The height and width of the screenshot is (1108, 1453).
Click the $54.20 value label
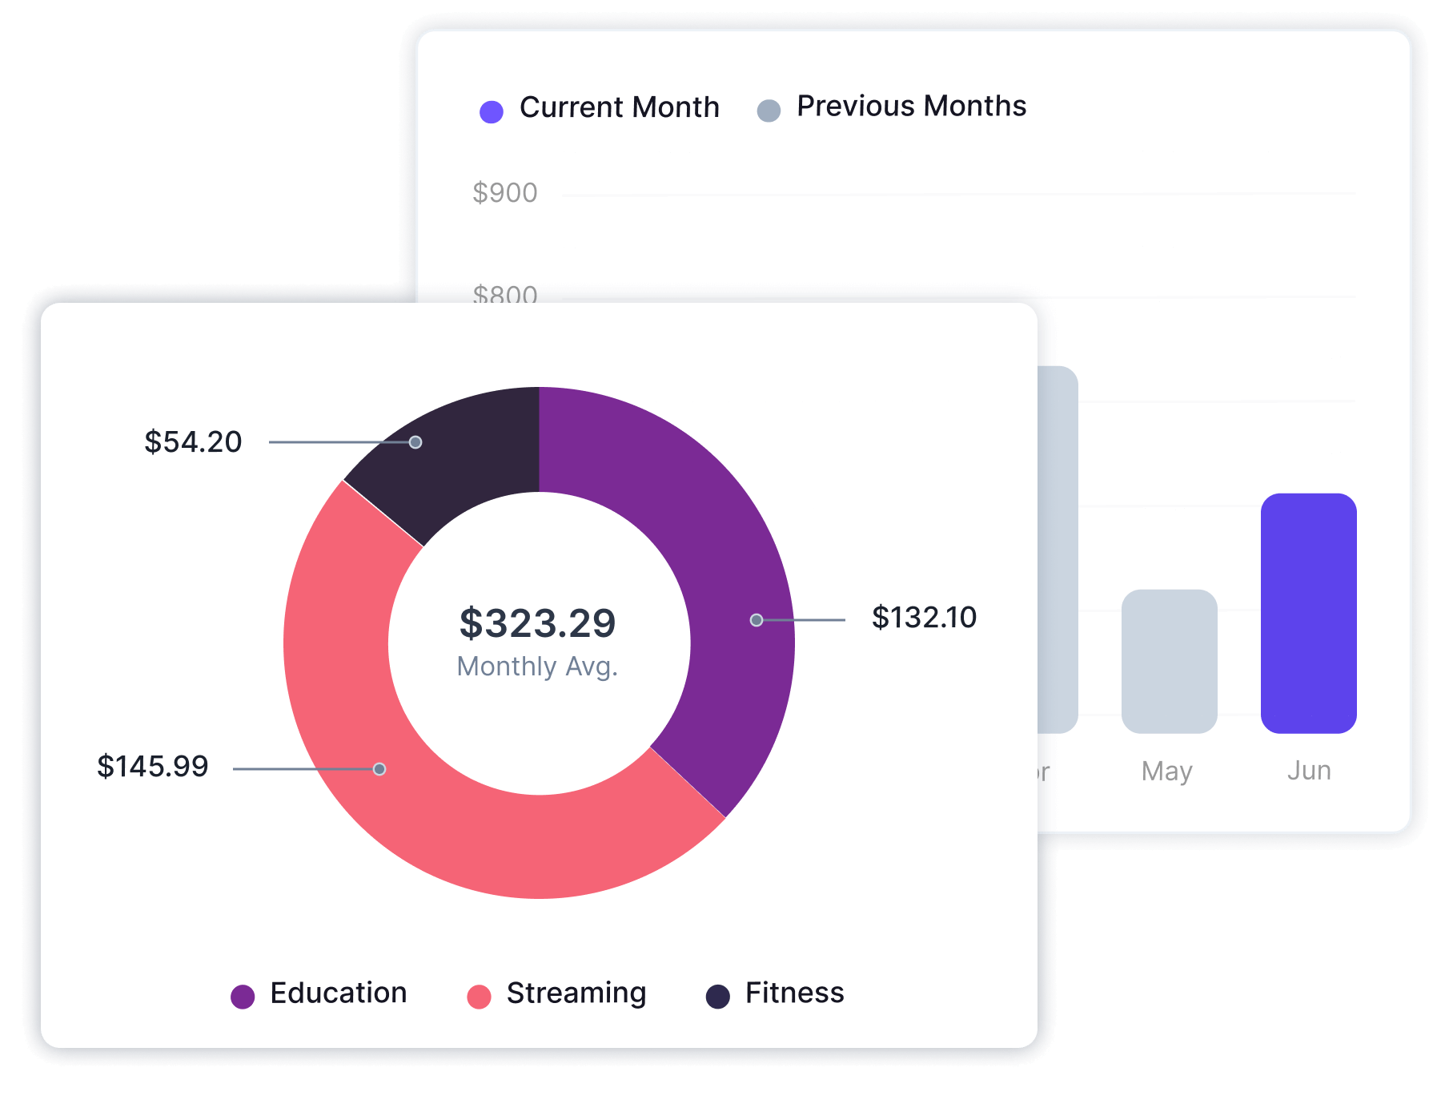tap(193, 441)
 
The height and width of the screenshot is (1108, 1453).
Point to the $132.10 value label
tap(924, 617)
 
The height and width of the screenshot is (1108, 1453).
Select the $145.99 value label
tap(152, 766)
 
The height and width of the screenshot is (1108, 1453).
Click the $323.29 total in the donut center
tap(537, 622)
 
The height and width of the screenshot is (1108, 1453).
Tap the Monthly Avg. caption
tap(537, 666)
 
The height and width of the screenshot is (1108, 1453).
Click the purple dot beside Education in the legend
tap(243, 996)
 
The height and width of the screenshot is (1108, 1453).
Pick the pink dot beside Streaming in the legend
tap(479, 996)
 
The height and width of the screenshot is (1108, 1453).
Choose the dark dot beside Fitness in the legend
tap(718, 996)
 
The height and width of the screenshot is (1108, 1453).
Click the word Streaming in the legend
tap(576, 993)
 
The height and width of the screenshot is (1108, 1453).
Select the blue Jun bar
tap(1308, 613)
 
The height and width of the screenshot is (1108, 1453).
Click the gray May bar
tap(1169, 661)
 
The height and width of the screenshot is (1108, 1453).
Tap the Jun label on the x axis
tap(1309, 770)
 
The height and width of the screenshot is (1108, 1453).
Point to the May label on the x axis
tap(1167, 771)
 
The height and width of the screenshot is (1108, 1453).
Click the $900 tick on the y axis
tap(504, 192)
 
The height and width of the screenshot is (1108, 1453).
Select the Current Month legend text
tap(619, 107)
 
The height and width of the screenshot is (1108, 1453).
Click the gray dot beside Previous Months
tap(769, 111)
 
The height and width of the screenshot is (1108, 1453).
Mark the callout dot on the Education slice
tap(756, 619)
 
